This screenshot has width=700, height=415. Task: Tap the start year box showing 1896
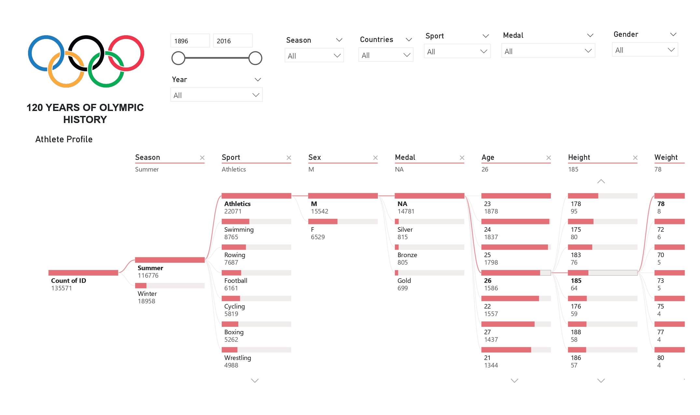tap(190, 41)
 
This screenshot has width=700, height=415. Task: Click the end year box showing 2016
tap(232, 41)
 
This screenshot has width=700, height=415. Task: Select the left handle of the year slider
tap(178, 58)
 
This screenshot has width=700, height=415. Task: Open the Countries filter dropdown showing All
tap(385, 55)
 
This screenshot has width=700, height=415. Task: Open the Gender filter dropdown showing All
tap(645, 50)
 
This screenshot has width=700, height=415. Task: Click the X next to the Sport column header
tap(289, 158)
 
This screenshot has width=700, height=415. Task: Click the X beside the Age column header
tap(549, 158)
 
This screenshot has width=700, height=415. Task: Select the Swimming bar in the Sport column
tap(256, 222)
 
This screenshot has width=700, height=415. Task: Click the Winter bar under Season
tap(170, 286)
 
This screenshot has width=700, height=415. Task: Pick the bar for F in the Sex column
tap(343, 222)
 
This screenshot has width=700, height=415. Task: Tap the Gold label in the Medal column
tap(404, 281)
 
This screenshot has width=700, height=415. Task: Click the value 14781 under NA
tap(406, 211)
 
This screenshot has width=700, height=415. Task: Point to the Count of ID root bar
tap(83, 273)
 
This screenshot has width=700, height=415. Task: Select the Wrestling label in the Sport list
tap(238, 358)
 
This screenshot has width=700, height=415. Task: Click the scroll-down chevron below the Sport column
tap(255, 380)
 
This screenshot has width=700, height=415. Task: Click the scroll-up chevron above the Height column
tap(601, 181)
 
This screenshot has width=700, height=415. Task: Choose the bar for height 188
tap(602, 324)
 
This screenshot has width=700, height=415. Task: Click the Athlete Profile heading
tap(64, 139)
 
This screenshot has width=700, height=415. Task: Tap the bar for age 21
tap(516, 350)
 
